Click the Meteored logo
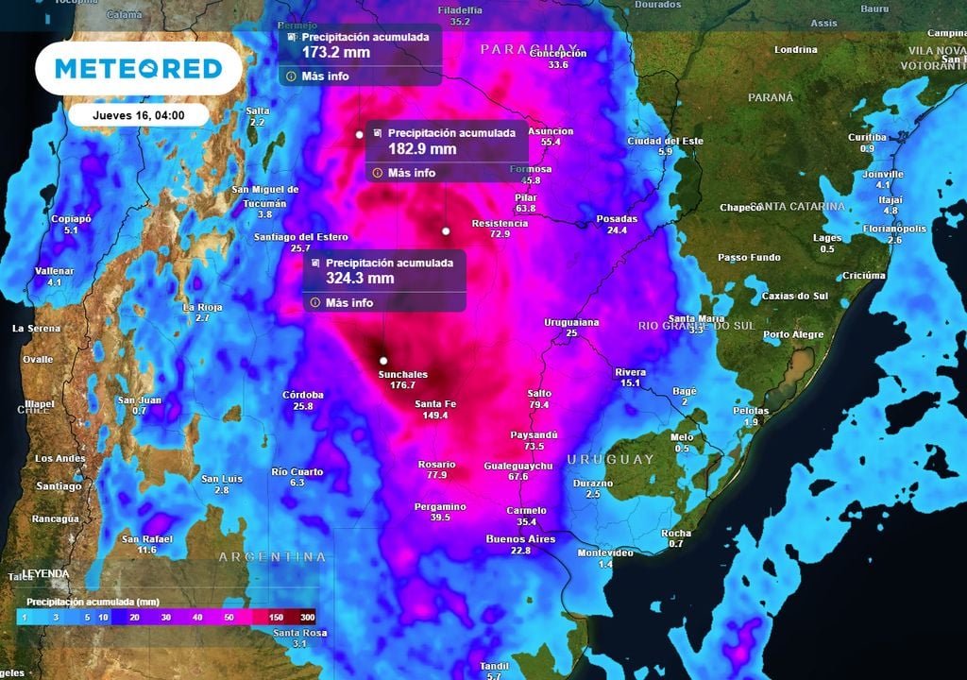(x=138, y=69)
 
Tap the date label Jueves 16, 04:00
(x=138, y=115)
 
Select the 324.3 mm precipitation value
(x=360, y=279)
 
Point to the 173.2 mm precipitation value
(x=336, y=52)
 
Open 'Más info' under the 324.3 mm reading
(x=348, y=303)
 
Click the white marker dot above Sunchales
(x=383, y=361)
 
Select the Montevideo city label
(x=605, y=552)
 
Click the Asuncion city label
(x=551, y=131)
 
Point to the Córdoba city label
(x=303, y=395)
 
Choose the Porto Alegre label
(x=793, y=334)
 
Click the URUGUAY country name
(x=610, y=459)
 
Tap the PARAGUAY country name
(x=528, y=48)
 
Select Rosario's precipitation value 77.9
(x=436, y=475)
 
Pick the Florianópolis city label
(x=894, y=229)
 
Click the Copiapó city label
(x=71, y=219)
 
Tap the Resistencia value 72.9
(x=500, y=234)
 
